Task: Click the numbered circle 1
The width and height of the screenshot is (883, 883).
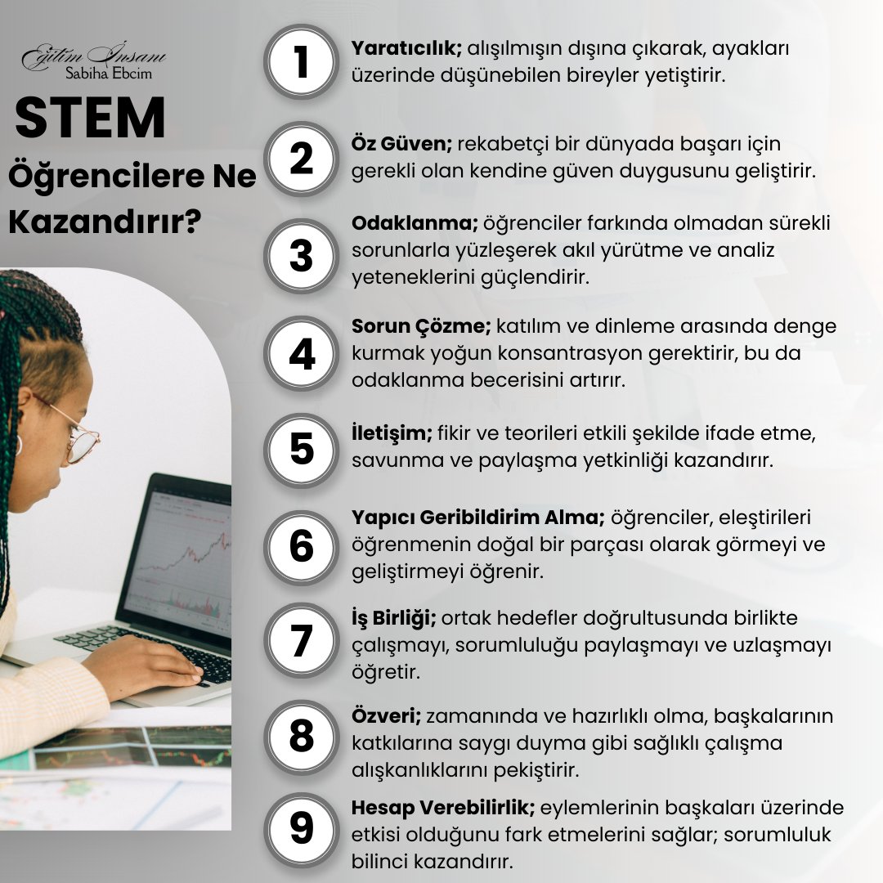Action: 301,62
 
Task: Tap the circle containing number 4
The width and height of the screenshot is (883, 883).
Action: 301,354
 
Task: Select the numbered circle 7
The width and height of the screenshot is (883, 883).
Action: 301,640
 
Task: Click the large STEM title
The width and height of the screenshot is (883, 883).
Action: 90,118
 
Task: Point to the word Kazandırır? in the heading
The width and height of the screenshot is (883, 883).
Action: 105,222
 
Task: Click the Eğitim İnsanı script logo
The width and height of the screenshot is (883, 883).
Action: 94,56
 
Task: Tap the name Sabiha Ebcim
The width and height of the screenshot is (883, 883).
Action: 109,74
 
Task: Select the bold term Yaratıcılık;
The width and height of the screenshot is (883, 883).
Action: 406,48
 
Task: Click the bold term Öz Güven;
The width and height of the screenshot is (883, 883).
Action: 401,144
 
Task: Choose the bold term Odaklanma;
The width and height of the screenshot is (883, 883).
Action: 415,223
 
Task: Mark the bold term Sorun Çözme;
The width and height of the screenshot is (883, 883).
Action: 421,326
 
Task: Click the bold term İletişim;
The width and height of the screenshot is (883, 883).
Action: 392,433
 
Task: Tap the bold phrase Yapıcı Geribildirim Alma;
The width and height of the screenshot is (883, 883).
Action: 478,518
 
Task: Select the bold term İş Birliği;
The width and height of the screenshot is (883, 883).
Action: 393,618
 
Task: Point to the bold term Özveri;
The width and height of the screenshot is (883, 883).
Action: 386,715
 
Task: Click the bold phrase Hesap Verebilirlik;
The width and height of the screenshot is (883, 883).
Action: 443,808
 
